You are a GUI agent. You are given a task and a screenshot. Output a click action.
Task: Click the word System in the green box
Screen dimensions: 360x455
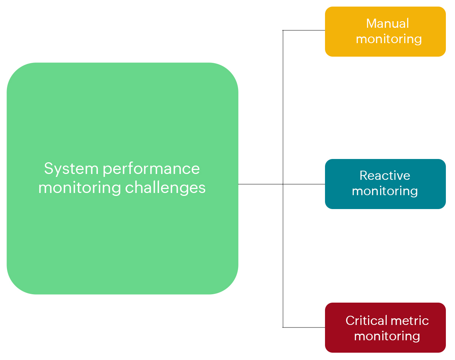click(71, 169)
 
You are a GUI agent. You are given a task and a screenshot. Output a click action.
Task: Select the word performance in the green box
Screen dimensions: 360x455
click(151, 169)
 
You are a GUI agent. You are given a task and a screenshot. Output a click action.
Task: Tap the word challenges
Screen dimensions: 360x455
click(165, 188)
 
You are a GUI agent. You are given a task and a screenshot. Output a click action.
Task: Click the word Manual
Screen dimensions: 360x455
click(387, 23)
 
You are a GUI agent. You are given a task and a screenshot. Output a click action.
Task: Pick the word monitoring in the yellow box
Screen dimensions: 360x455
click(389, 39)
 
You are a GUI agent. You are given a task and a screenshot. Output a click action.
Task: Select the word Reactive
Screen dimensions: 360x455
click(385, 175)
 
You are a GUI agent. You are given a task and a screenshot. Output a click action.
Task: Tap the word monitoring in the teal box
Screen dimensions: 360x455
click(385, 191)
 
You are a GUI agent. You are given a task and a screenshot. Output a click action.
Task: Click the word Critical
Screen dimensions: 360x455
click(366, 321)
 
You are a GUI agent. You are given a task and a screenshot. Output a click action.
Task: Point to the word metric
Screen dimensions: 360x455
click(410, 321)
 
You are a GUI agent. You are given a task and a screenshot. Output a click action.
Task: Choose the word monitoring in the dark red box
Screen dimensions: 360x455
click(387, 336)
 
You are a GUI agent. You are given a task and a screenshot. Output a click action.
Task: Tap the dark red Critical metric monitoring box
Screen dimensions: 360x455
click(385, 346)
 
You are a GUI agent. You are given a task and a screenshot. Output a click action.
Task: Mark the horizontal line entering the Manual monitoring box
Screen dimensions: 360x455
click(304, 30)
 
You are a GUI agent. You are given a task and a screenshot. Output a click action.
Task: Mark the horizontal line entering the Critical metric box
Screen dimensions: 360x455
click(304, 327)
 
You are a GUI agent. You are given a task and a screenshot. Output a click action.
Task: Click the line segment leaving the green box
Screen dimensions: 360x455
click(260, 184)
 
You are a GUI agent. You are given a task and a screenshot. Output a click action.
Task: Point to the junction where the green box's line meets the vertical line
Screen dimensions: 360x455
click(283, 184)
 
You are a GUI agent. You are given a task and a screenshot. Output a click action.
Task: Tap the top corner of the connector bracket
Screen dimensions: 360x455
click(283, 30)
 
